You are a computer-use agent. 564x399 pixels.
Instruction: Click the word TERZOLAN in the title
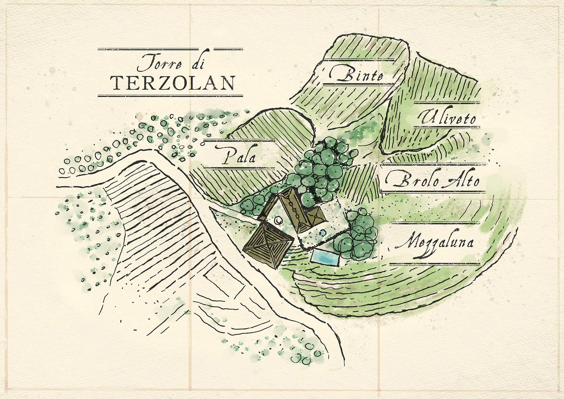click(172, 83)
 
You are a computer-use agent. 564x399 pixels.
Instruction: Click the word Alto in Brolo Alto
click(463, 181)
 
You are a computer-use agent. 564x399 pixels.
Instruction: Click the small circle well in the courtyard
click(278, 220)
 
